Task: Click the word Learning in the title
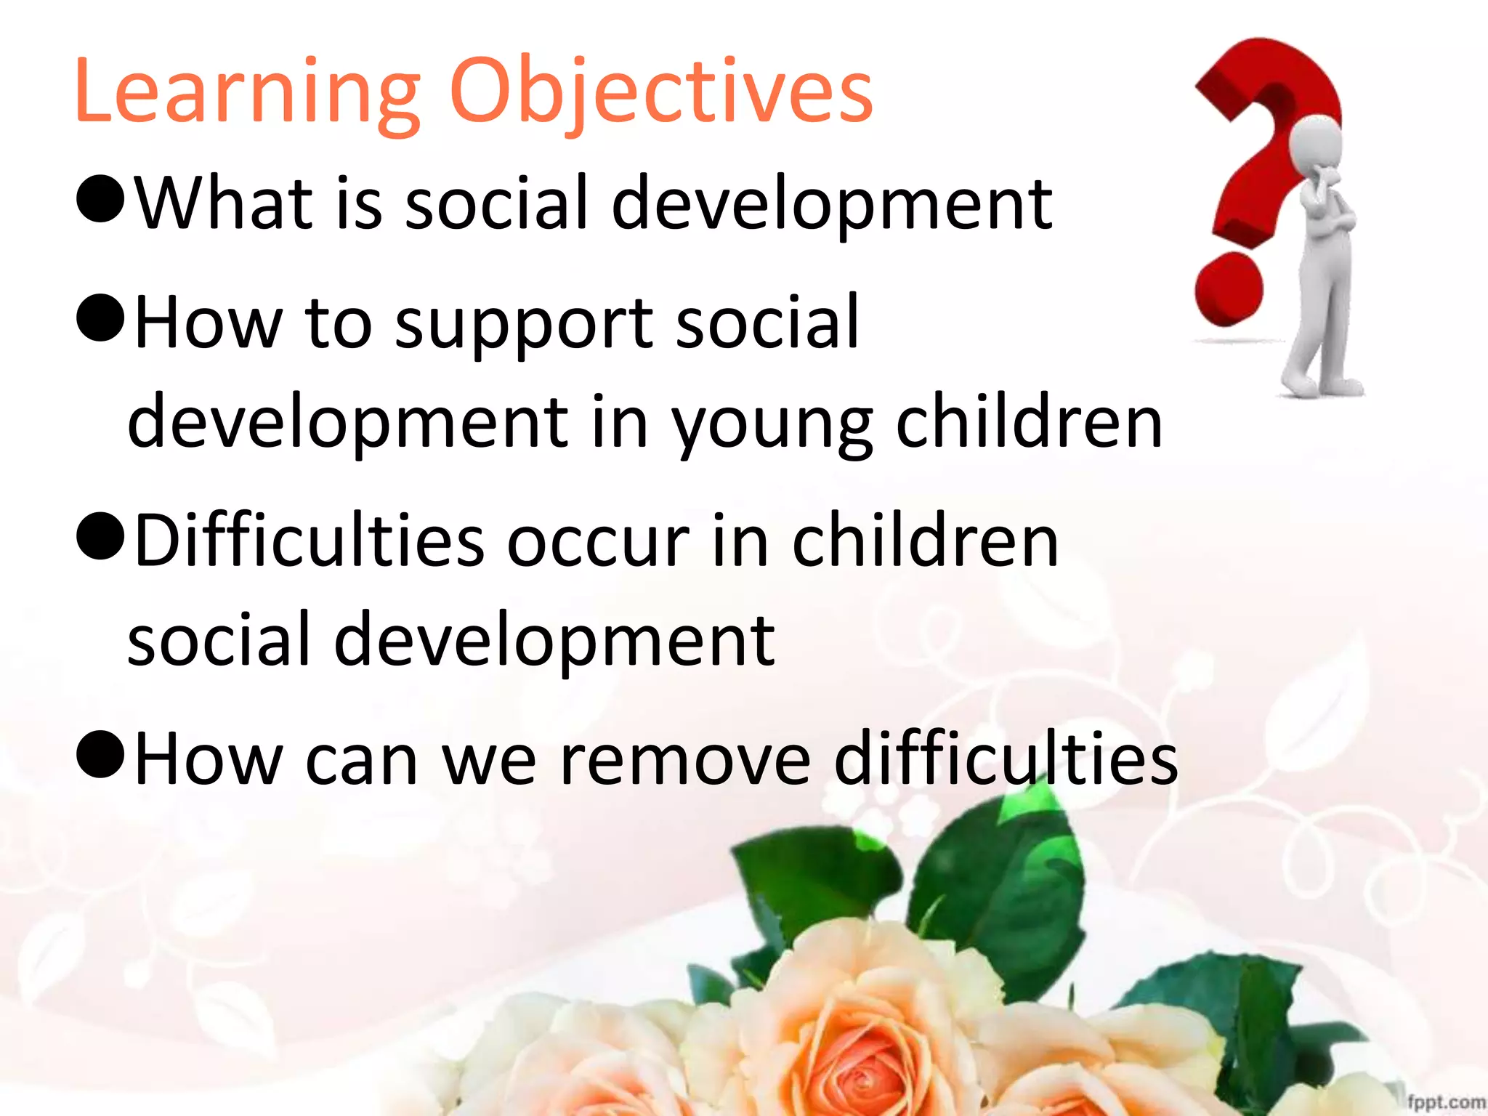[x=247, y=93]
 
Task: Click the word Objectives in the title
[x=661, y=93]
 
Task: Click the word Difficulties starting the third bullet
[x=310, y=541]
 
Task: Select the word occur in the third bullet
[x=597, y=543]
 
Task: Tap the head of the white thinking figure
[x=1315, y=145]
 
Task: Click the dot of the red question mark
[x=1229, y=289]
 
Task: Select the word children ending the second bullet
[x=1029, y=423]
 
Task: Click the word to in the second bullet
[x=338, y=323]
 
